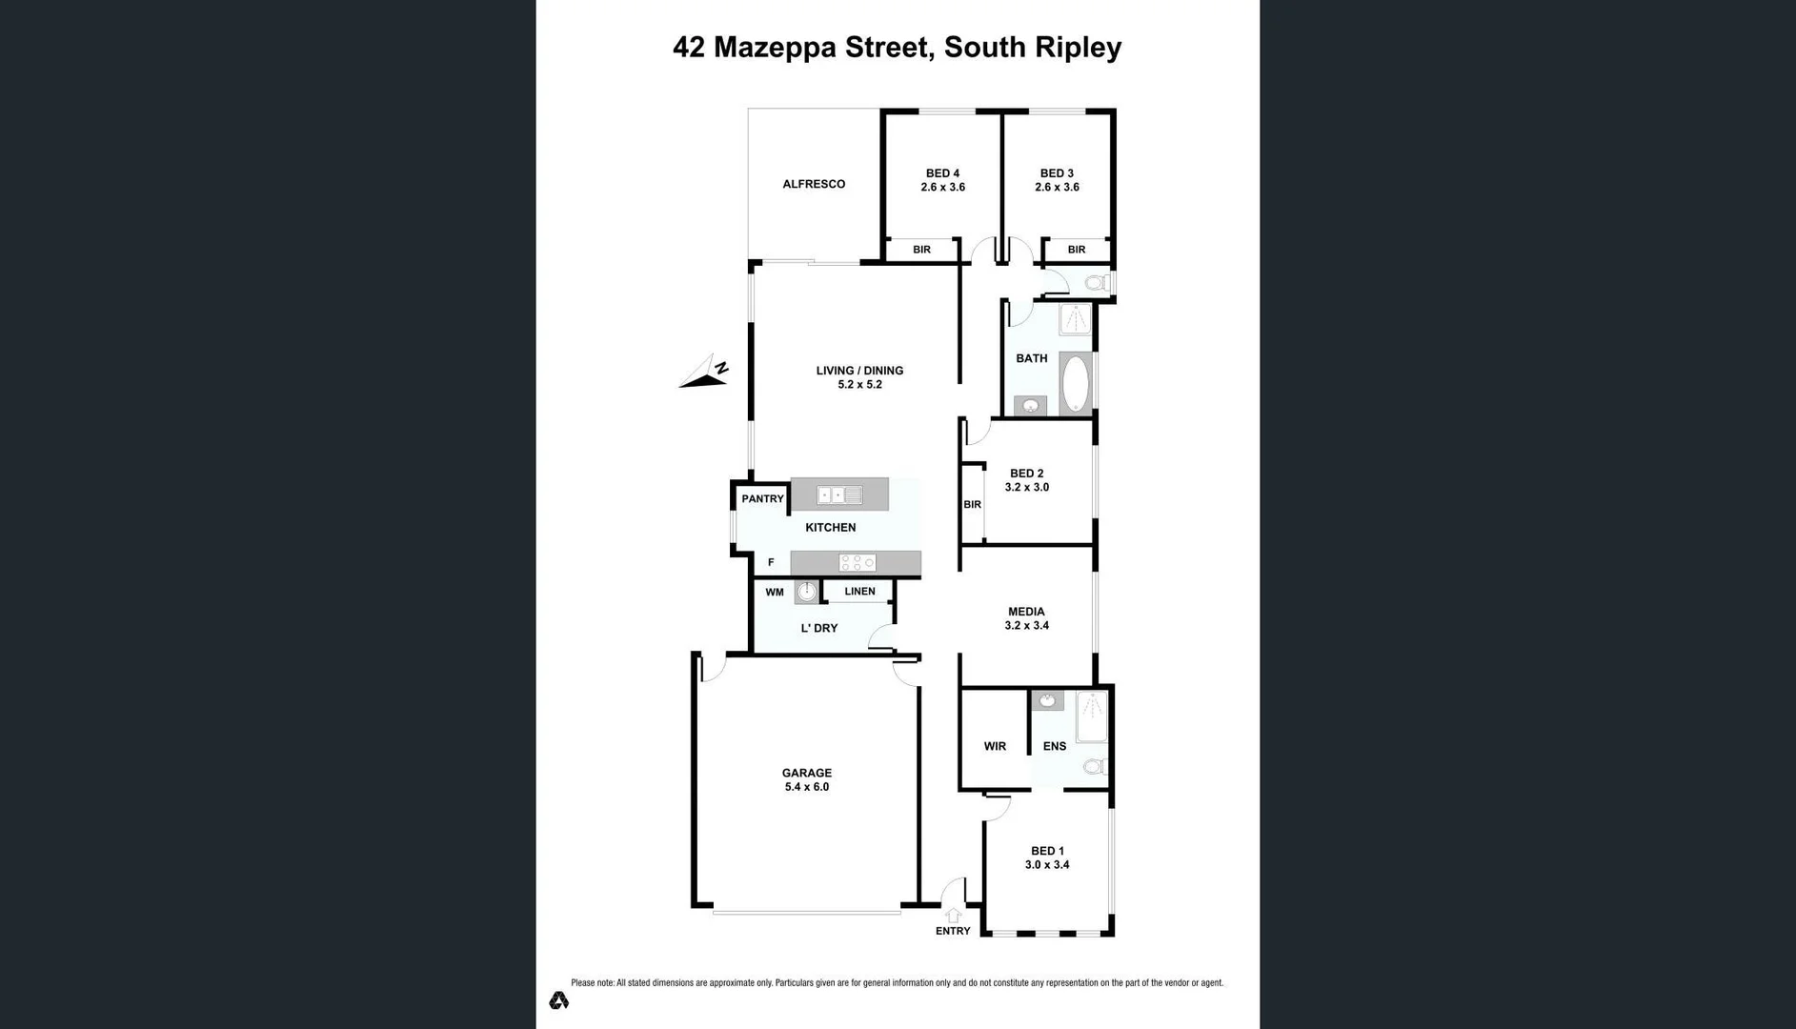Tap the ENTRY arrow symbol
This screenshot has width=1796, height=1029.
tap(953, 916)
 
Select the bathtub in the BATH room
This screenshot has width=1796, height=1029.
tap(1076, 383)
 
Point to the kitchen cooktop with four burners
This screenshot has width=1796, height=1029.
tap(857, 563)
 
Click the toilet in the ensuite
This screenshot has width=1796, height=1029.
tap(1095, 766)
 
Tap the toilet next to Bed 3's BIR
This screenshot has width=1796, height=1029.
tap(1097, 283)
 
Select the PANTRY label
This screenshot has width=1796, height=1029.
tap(762, 499)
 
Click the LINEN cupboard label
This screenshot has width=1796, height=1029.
tap(859, 592)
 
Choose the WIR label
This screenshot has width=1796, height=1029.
tap(995, 747)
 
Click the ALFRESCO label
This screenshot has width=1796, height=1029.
tap(814, 185)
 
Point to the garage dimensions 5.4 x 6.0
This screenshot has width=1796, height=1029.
tap(807, 788)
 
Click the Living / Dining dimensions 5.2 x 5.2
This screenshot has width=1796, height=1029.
tap(859, 385)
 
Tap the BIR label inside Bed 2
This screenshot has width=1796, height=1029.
tap(972, 505)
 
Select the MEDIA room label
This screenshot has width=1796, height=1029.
tap(1026, 612)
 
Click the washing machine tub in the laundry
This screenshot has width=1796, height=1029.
tap(807, 592)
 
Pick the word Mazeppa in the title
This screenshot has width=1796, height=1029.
tap(775, 48)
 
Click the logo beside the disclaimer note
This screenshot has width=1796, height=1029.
tap(559, 1000)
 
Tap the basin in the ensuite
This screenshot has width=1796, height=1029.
tap(1047, 701)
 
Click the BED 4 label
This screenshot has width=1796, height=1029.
tap(942, 173)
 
